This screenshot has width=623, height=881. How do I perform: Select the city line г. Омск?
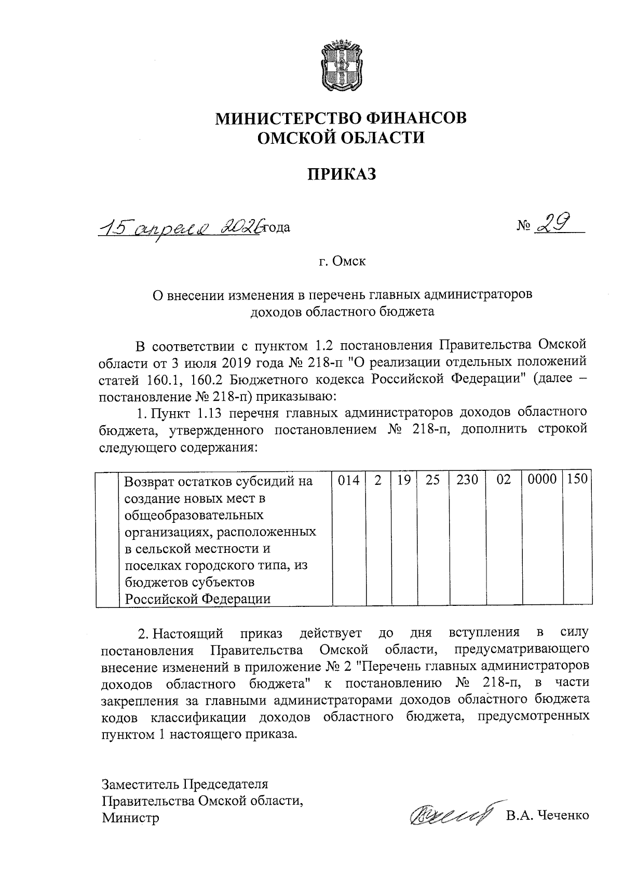tap(342, 261)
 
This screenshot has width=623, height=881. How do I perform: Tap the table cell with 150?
tap(577, 480)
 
